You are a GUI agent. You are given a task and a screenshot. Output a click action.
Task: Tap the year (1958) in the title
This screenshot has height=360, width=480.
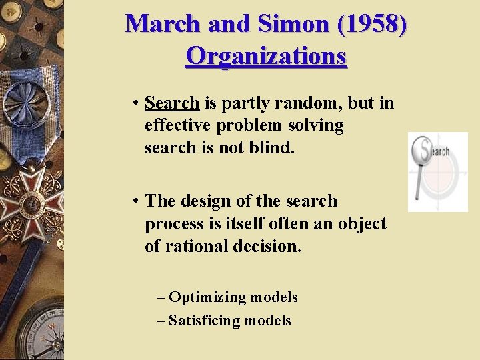pos(373,24)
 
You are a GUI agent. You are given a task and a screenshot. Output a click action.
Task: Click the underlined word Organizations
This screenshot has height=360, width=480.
pos(266,55)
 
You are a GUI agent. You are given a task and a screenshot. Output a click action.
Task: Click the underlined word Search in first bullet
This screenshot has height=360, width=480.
pos(172,103)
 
